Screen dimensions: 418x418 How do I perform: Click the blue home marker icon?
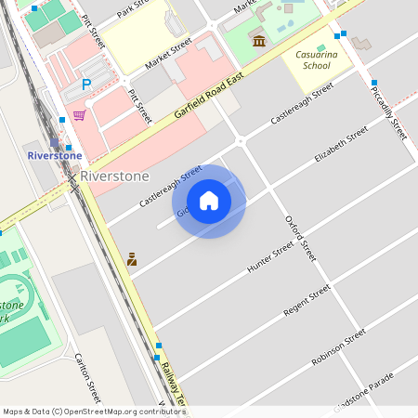click(209, 201)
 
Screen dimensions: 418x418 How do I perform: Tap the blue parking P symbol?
click(86, 85)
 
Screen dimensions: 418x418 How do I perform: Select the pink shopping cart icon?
click(80, 115)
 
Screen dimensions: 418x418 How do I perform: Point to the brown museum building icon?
click(259, 41)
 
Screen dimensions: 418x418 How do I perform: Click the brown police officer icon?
click(132, 259)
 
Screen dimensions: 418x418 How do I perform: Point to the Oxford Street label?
click(300, 238)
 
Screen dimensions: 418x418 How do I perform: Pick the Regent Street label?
click(307, 301)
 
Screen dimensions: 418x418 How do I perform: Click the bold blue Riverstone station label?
click(55, 155)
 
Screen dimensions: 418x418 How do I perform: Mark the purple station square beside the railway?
click(55, 143)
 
